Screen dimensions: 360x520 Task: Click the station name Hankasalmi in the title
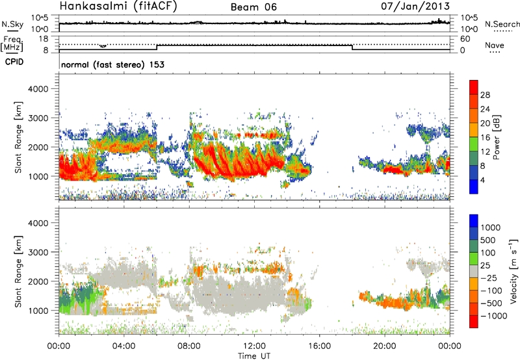click(92, 7)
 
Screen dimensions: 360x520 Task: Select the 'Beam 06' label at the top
click(254, 7)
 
